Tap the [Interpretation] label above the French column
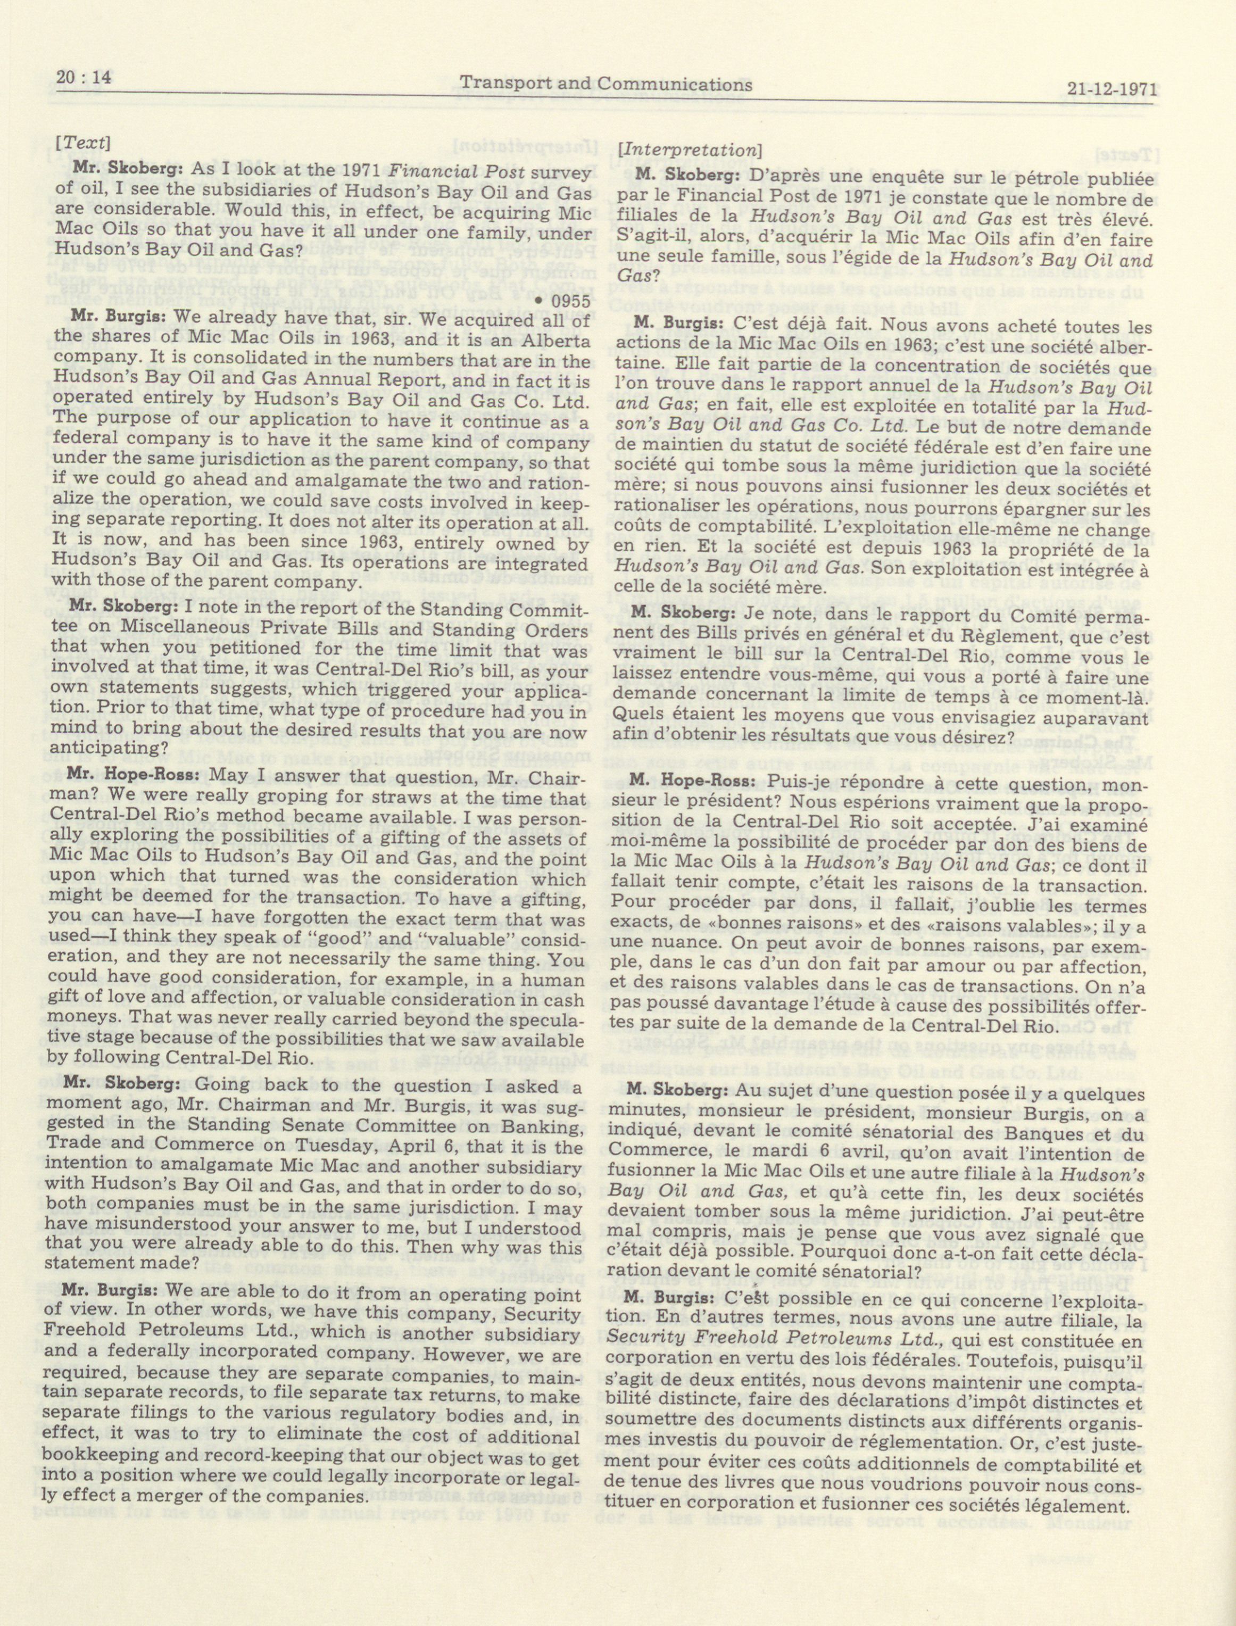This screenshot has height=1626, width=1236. pos(690,150)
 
